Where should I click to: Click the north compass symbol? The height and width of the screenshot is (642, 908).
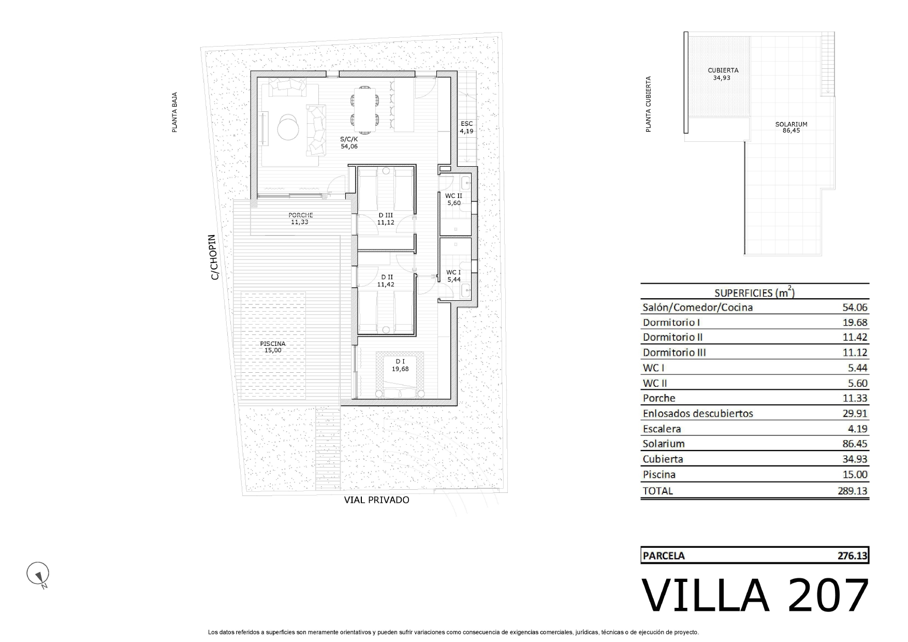pyautogui.click(x=38, y=574)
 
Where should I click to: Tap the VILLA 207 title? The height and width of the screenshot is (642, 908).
pyautogui.click(x=755, y=596)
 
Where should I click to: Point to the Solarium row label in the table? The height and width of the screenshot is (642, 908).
pyautogui.click(x=664, y=444)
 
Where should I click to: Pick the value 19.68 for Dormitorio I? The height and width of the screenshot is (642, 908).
pyautogui.click(x=855, y=322)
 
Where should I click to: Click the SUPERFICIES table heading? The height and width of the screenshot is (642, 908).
pyautogui.click(x=755, y=292)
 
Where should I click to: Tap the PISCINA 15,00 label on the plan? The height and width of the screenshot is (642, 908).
pyautogui.click(x=273, y=347)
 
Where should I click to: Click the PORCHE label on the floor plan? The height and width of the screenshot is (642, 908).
pyautogui.click(x=300, y=215)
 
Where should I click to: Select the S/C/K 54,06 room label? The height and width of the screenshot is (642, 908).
pyautogui.click(x=349, y=142)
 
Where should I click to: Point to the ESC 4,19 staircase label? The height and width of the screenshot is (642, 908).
pyautogui.click(x=466, y=127)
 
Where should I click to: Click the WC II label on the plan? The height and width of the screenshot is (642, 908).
pyautogui.click(x=453, y=196)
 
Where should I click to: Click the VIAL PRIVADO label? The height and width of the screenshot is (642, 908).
pyautogui.click(x=377, y=500)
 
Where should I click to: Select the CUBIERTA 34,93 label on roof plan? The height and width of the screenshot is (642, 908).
pyautogui.click(x=723, y=74)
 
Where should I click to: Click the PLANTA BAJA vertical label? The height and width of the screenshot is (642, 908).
pyautogui.click(x=174, y=112)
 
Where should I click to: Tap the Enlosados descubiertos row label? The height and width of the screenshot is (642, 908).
pyautogui.click(x=698, y=413)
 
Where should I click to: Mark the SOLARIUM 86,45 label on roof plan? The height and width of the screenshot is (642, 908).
pyautogui.click(x=791, y=127)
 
